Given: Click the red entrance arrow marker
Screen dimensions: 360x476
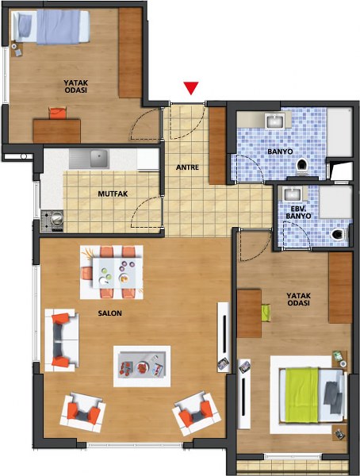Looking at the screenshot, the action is point(191,88).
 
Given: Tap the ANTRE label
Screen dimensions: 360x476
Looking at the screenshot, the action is point(188,167).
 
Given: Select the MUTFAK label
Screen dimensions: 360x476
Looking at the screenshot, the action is point(113,194).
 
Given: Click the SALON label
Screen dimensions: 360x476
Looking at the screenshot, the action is point(110,313).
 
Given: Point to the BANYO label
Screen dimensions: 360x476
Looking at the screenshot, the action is point(280,152).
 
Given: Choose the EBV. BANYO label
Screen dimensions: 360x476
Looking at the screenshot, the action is point(298,213).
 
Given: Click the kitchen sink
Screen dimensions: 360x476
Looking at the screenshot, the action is point(99,159).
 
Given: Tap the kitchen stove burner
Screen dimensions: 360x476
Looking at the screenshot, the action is point(56,219).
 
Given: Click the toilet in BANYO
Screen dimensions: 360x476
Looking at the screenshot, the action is point(302,167).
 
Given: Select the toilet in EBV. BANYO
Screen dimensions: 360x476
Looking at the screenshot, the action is point(338,234).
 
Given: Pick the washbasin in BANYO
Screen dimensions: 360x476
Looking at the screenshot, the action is point(275,121).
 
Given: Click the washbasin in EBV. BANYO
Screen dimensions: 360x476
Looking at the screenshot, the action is point(292,194).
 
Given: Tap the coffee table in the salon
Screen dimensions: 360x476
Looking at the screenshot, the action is point(142,365).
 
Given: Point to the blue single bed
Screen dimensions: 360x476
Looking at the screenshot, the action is point(52,27).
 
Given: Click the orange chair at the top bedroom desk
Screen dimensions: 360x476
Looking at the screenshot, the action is point(58,113).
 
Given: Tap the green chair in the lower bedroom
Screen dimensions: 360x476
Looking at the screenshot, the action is point(266,313).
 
